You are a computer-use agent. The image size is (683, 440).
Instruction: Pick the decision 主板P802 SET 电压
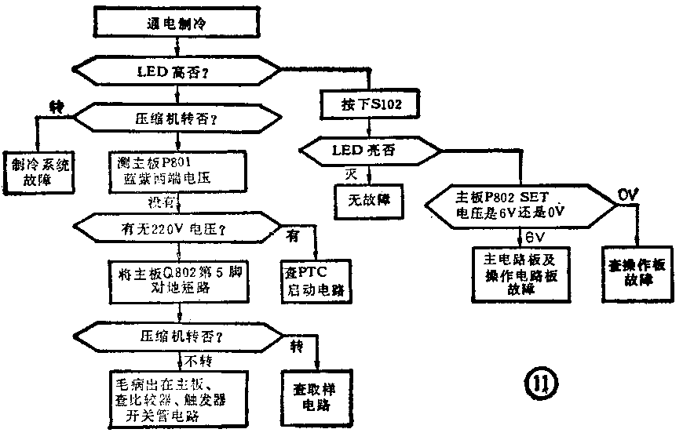[521, 204]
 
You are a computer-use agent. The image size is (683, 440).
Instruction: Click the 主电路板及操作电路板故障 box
[521, 272]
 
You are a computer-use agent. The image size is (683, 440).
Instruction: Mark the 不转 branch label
[197, 360]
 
